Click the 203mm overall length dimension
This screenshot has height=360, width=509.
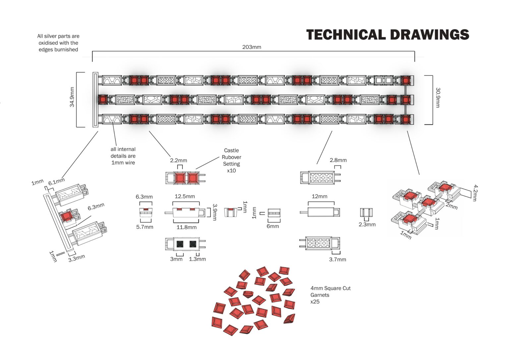pos(252,47)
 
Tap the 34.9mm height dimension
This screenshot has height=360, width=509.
pos(72,97)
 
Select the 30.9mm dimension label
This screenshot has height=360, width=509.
pos(438,97)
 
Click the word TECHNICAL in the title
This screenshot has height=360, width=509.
pos(346,34)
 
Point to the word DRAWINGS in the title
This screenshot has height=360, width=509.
pos(430,34)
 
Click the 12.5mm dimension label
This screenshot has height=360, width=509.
pos(185,196)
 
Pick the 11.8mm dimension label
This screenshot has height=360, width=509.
pos(186,227)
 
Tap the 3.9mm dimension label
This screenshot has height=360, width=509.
pos(215,212)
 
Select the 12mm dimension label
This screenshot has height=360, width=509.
pos(319,196)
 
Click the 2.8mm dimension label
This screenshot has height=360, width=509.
pos(338,160)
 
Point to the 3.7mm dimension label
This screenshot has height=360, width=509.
pos(337,259)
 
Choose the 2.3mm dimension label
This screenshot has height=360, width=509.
pos(367,224)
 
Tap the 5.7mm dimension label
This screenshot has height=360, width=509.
pos(144,227)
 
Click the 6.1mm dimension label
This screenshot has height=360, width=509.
pos(57,181)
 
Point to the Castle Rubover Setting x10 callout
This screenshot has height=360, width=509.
pos(231,160)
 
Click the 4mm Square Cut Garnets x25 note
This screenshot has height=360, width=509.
pos(330,295)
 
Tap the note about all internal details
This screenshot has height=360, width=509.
pos(123,156)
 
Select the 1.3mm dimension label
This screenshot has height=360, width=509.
pos(197,259)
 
